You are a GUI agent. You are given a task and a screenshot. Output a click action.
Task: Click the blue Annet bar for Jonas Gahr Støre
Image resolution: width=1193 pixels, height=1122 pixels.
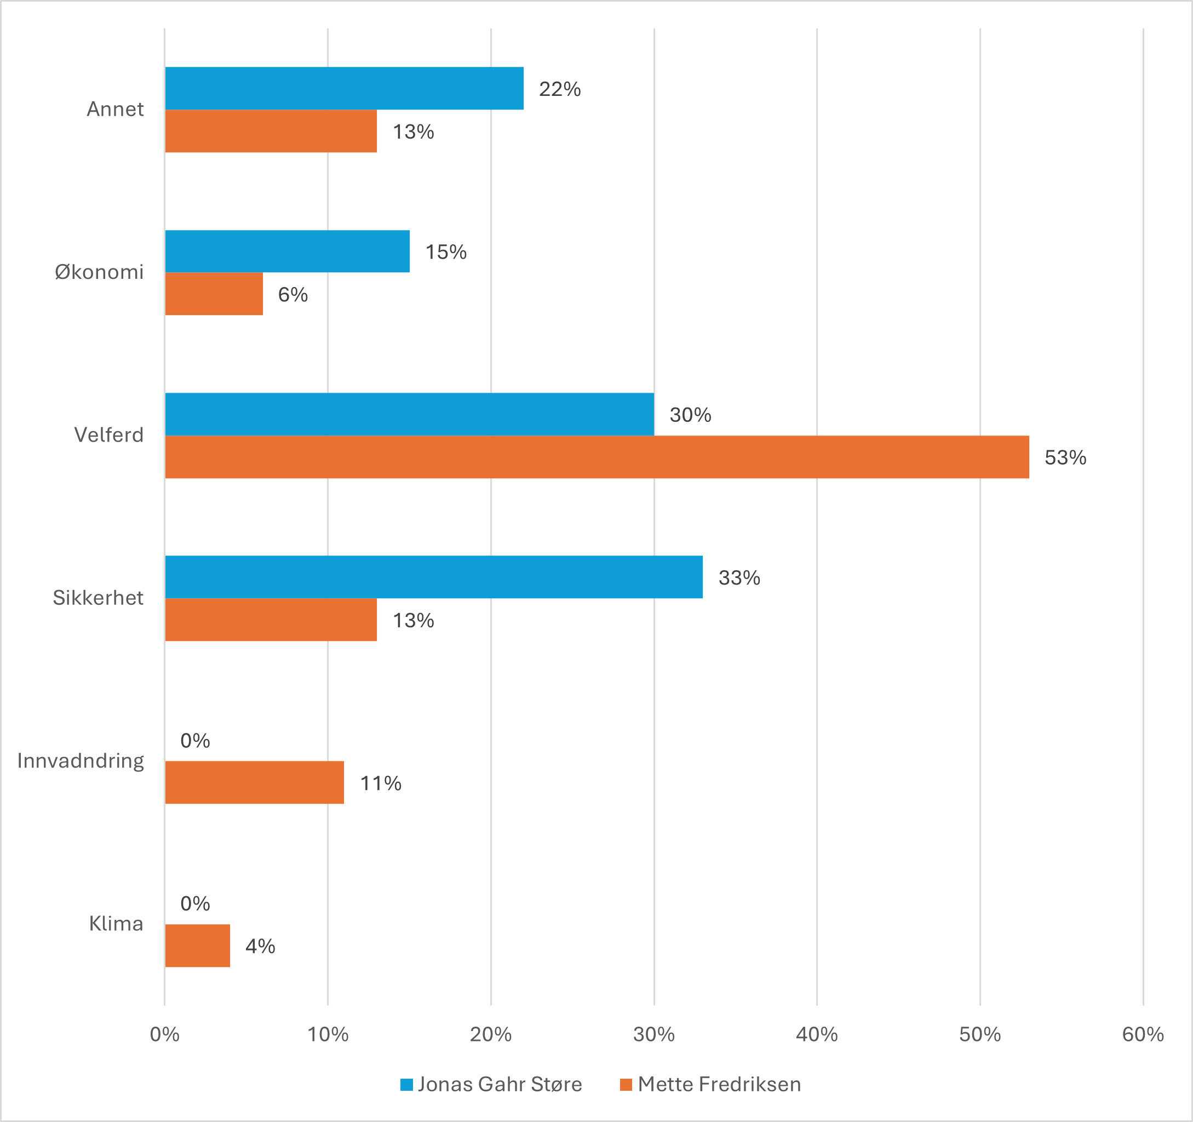(x=344, y=88)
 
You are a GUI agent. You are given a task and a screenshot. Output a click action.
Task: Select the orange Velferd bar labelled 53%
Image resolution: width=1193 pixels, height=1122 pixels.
(x=596, y=457)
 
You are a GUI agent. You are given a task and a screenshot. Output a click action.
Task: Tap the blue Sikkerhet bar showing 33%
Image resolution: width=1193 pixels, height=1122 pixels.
(x=433, y=577)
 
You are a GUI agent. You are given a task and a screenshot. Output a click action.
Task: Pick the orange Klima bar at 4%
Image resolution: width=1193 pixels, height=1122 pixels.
(x=197, y=946)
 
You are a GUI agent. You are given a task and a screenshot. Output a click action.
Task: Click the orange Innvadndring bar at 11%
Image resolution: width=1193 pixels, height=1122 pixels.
(x=255, y=782)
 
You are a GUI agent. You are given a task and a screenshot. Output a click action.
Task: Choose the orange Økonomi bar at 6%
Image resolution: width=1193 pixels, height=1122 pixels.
(x=214, y=294)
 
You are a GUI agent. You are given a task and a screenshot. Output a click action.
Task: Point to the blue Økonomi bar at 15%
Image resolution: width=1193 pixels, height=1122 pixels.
(x=287, y=251)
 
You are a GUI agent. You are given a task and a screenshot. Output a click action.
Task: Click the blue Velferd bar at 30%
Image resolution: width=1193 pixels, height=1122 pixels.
(x=409, y=414)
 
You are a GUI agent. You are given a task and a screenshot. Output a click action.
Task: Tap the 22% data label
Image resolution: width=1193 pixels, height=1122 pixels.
(x=559, y=89)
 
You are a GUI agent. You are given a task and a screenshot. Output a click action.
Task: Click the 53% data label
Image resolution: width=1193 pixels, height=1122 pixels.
(x=1065, y=457)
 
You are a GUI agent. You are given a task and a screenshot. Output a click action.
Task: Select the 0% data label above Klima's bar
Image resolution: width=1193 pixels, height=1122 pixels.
(x=195, y=903)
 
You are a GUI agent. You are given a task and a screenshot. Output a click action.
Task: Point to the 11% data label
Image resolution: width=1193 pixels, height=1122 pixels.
(x=381, y=783)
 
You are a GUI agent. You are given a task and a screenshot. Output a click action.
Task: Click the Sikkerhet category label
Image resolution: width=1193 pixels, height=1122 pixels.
(x=98, y=597)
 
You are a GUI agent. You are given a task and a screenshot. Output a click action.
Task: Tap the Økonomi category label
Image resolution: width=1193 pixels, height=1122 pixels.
(x=99, y=272)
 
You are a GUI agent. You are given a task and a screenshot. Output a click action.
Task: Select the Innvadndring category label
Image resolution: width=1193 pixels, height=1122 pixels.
(x=81, y=760)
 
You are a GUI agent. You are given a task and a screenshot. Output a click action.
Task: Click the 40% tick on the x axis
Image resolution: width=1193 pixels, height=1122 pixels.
(x=816, y=1034)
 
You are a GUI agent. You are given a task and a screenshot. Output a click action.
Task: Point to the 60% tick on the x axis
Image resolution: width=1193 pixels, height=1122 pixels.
(x=1143, y=1034)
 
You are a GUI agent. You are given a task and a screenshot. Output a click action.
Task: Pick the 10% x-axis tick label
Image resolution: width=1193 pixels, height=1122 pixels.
(x=328, y=1034)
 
